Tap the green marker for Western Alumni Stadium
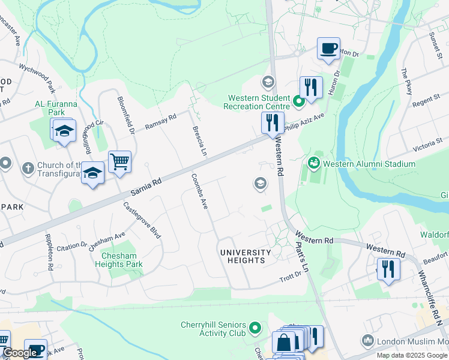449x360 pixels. coord(313,163)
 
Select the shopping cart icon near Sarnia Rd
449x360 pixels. coord(119,161)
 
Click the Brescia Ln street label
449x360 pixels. coord(199,139)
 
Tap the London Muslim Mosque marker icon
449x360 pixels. coord(368,341)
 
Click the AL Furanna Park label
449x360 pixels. coord(56,107)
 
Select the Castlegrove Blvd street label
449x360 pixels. coord(142,220)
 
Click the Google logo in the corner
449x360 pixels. coord(20,353)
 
